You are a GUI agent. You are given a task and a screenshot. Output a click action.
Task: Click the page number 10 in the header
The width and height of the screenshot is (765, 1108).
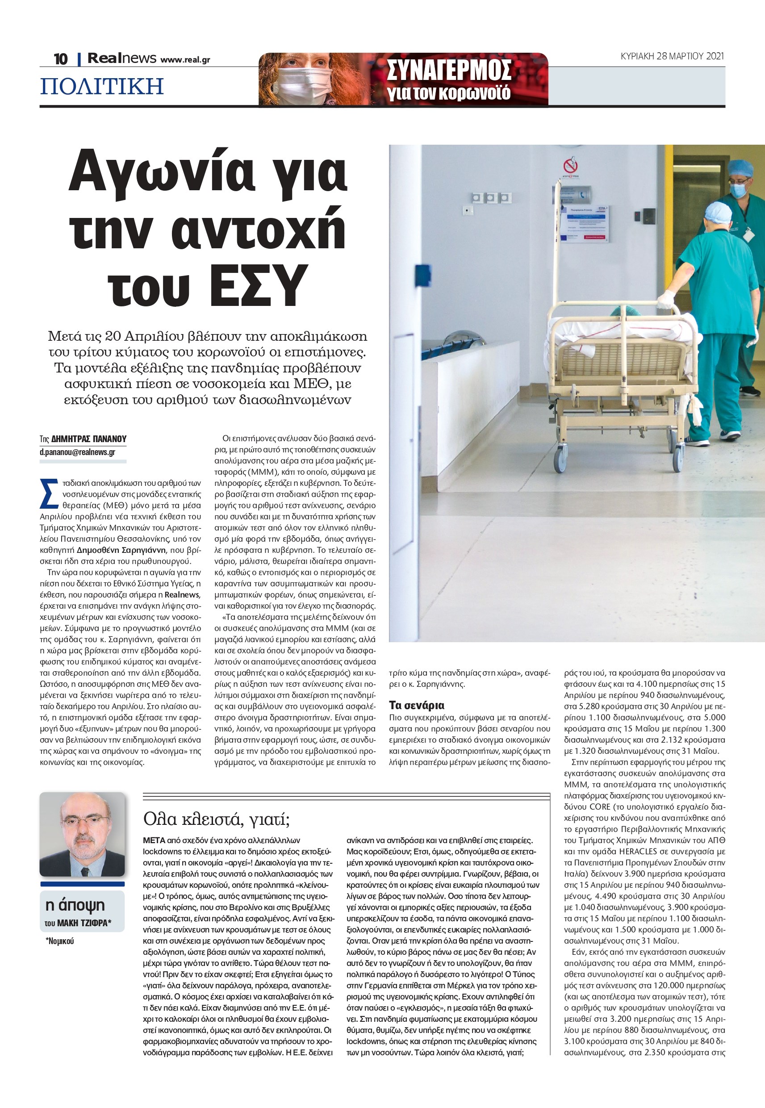pos(60,59)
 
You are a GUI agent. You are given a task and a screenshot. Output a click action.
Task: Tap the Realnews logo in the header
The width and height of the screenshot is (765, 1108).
pos(122,59)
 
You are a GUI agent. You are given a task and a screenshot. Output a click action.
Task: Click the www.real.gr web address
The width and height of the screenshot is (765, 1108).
pos(185,60)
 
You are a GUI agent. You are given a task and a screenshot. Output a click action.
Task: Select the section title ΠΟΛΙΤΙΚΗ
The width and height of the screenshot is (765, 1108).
pos(102,86)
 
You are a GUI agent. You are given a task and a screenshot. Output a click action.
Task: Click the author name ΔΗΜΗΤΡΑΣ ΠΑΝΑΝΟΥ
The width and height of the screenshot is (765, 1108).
pos(89,439)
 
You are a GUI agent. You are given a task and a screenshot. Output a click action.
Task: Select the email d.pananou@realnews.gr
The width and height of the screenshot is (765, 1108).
pos(77,452)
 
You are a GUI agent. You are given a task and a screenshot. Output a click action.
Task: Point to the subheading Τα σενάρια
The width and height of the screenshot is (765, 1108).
pos(417,706)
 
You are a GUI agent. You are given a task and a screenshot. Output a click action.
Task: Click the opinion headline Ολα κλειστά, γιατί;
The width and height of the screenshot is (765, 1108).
pos(216,819)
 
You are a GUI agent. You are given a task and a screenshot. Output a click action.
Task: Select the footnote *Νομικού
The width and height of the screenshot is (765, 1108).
pos(60,941)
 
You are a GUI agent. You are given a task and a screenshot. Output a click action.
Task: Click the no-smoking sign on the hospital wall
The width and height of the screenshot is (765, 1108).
pos(570,166)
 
